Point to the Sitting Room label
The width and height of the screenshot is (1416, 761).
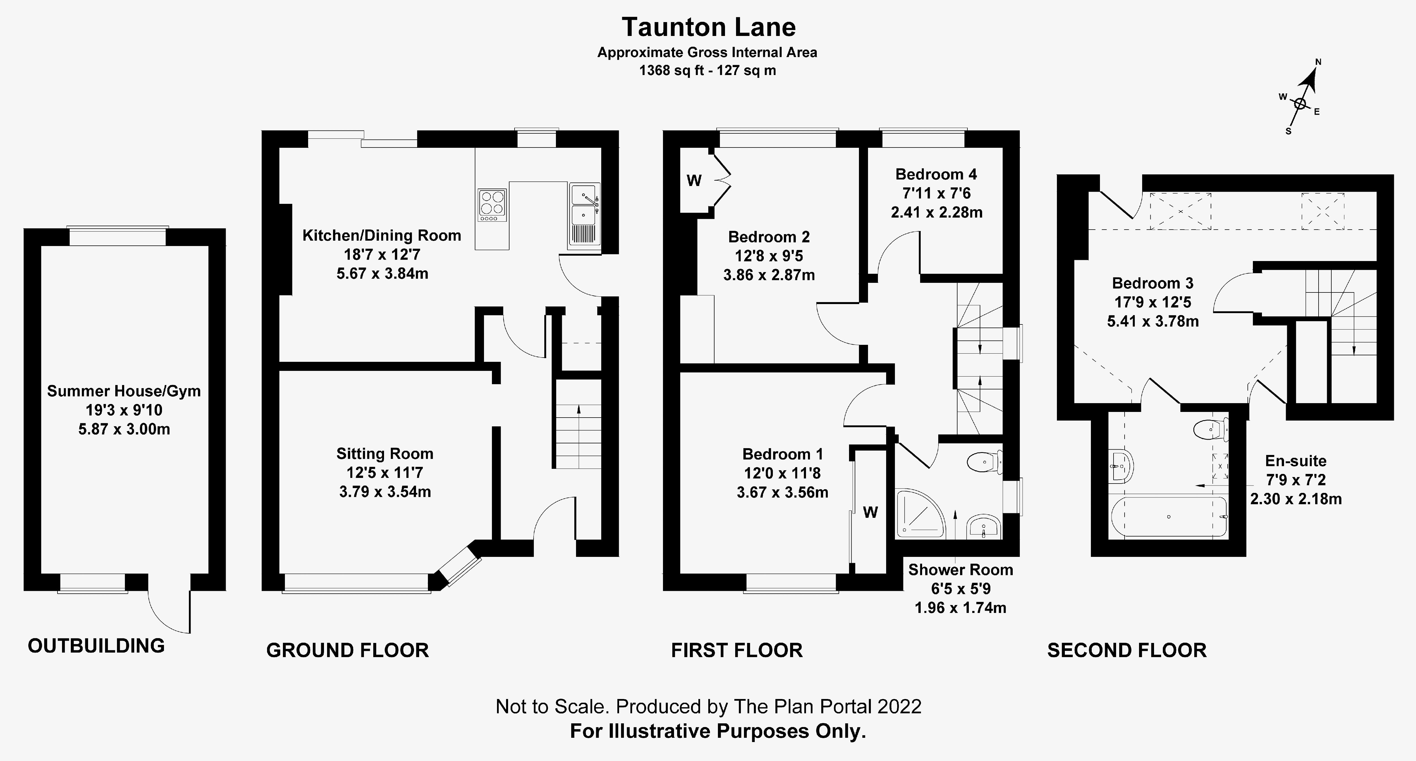(385, 454)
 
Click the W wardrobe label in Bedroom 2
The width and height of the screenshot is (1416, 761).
(694, 181)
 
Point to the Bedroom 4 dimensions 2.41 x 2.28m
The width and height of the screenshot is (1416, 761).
(937, 212)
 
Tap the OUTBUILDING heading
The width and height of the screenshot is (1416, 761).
(96, 645)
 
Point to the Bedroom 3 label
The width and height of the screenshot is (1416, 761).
(1153, 283)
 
